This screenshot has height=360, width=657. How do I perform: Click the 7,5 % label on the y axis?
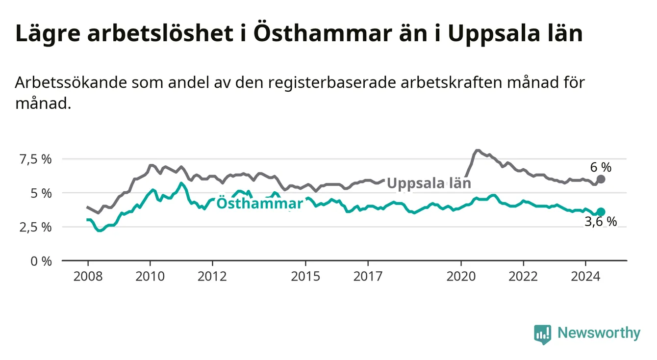click(35, 159)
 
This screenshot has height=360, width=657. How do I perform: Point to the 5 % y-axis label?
click(41, 194)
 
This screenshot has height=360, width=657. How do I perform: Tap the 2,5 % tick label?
click(35, 228)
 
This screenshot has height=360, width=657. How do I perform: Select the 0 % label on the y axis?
click(41, 261)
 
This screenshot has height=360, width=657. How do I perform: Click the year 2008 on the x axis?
click(88, 277)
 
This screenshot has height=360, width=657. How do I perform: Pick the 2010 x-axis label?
click(150, 277)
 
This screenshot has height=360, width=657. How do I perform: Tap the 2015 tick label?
click(305, 277)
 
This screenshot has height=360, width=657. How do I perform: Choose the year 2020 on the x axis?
click(461, 277)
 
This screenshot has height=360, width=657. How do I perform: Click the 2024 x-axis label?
click(585, 277)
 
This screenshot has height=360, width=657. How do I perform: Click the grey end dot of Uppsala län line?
click(601, 179)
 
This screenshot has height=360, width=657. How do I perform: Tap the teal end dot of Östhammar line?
click(601, 211)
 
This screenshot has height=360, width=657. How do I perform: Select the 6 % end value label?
click(601, 168)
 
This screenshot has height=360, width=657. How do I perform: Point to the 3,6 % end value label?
click(601, 222)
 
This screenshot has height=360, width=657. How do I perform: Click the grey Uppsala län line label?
click(429, 183)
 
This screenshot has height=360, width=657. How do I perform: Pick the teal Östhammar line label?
click(259, 203)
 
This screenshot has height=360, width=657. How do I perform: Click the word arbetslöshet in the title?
click(160, 33)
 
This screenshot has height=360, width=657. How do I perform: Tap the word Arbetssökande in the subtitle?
click(71, 82)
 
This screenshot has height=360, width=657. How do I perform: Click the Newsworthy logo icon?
click(543, 334)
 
